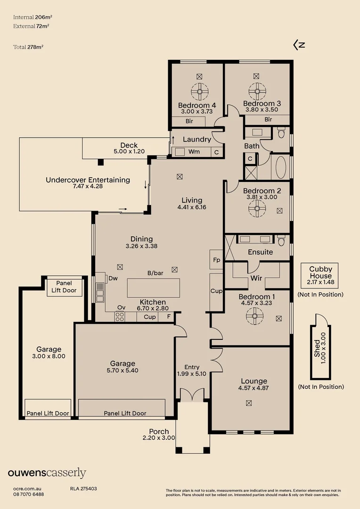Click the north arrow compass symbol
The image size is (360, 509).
[x=299, y=45]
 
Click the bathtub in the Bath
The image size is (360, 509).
[x=280, y=167]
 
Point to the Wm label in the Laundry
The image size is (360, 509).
[x=194, y=152]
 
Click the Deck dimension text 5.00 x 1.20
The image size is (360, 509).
[x=129, y=152]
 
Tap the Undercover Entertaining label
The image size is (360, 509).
[x=88, y=180]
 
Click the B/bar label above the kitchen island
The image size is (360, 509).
[x=155, y=273]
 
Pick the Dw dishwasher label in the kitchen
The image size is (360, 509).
[x=113, y=278]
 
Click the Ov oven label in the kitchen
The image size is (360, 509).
[x=121, y=307]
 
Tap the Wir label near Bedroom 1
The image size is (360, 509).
[x=256, y=278]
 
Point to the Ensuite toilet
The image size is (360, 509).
[x=281, y=240]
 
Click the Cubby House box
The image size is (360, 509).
[x=320, y=276]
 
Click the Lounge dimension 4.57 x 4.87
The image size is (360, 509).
[x=254, y=388]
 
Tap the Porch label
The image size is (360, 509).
[x=159, y=431]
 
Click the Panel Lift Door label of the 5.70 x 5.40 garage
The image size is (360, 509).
[x=125, y=413]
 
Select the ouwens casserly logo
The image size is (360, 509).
[x=47, y=473]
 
